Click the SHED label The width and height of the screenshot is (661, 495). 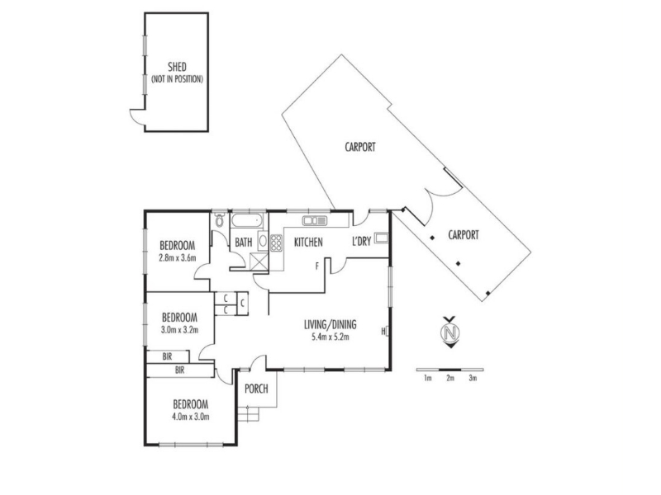[177, 67]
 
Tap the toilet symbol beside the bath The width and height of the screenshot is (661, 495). [220, 220]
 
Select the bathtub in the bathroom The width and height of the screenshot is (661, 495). [247, 220]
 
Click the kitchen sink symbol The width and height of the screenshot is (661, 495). [315, 220]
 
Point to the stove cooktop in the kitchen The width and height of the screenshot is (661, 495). [276, 243]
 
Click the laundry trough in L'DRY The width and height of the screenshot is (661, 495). [382, 238]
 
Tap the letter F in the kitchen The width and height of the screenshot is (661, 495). [317, 266]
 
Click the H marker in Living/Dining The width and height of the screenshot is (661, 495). [383, 332]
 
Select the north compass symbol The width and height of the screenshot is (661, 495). [450, 332]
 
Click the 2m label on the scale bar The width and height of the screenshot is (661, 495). [450, 378]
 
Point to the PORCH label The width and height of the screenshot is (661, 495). [256, 389]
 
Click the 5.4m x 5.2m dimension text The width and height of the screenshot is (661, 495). [330, 337]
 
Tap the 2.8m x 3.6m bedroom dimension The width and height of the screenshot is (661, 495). [178, 258]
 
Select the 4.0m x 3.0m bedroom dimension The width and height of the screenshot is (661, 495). [191, 417]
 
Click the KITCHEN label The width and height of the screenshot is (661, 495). [308, 242]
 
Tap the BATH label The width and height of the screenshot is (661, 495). [244, 242]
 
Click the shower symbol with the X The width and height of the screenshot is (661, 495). [259, 262]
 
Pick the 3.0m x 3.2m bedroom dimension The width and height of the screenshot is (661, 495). [179, 330]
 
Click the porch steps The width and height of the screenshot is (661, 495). [248, 413]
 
